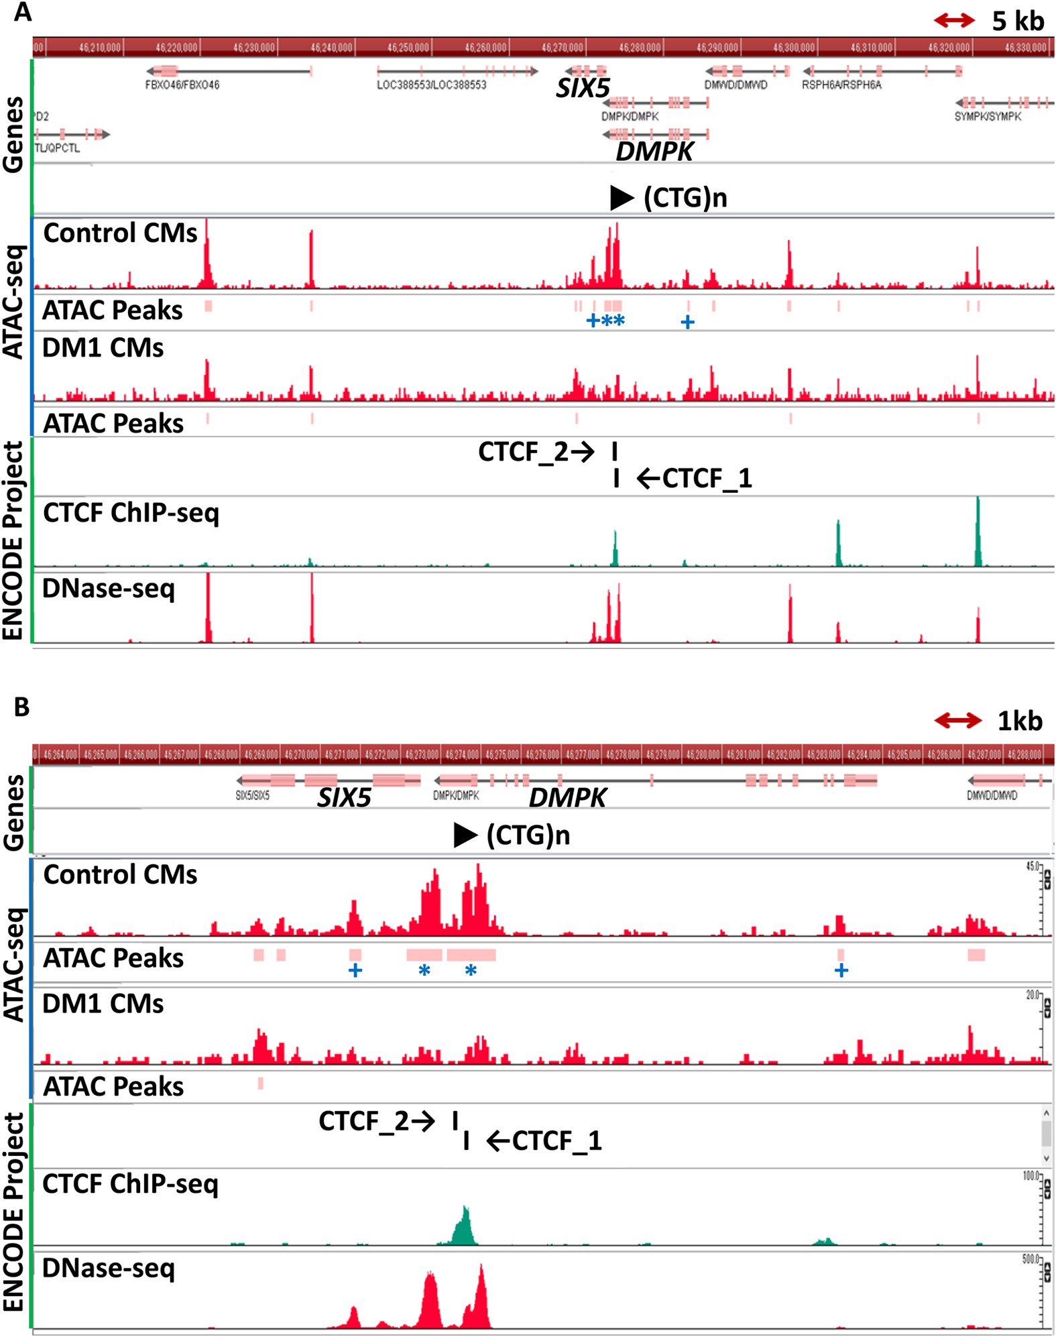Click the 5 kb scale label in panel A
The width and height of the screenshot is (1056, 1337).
click(x=1017, y=21)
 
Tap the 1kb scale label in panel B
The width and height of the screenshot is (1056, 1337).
click(x=1019, y=721)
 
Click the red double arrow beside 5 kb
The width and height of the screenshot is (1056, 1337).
click(x=954, y=21)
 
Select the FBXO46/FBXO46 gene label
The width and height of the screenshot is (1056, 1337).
click(x=182, y=85)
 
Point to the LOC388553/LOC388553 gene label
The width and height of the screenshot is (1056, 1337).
click(x=431, y=85)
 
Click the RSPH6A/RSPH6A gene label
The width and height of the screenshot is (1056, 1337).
click(x=841, y=85)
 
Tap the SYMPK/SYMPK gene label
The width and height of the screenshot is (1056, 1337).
click(x=987, y=117)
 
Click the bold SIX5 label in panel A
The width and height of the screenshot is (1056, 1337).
click(x=583, y=89)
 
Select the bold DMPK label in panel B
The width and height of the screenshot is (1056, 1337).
click(x=567, y=798)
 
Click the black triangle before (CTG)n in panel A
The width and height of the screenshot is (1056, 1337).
click(x=621, y=198)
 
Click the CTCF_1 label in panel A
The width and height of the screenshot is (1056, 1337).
click(x=707, y=479)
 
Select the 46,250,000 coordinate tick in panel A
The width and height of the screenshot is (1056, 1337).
click(x=408, y=48)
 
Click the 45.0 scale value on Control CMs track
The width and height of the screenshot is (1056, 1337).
click(x=1032, y=867)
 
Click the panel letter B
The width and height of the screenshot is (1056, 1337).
click(x=21, y=707)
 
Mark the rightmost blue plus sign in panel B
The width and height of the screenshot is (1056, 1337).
click(x=841, y=970)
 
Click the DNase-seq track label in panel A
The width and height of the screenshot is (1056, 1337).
click(x=108, y=589)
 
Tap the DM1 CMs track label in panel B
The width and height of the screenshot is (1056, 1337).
click(x=103, y=1004)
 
